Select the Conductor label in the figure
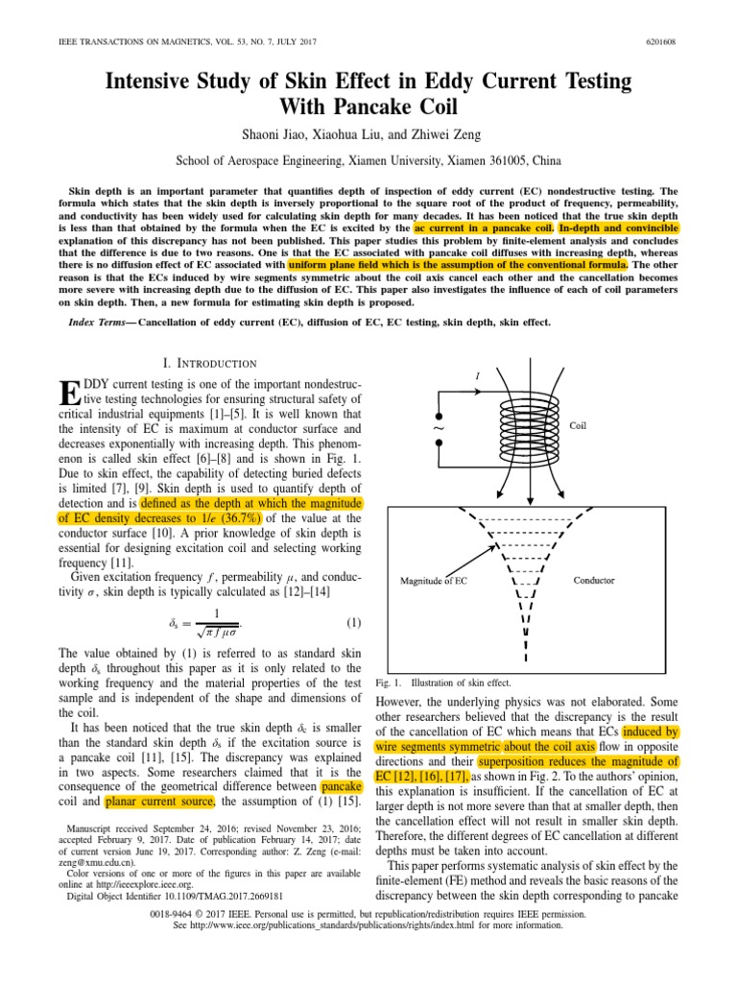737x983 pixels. click(x=594, y=580)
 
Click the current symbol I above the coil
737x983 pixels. click(x=477, y=375)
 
